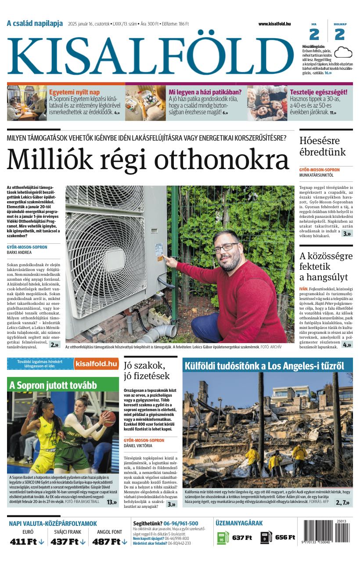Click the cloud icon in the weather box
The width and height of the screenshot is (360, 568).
(343, 52)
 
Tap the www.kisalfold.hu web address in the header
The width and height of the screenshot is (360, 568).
(274, 24)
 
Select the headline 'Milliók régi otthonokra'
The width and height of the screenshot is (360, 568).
(148, 160)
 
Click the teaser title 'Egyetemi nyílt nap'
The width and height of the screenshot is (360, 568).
(74, 92)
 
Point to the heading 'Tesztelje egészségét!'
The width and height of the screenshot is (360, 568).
(318, 92)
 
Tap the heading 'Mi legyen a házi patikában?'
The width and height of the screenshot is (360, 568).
(205, 92)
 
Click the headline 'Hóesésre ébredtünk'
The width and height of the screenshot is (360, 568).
(322, 147)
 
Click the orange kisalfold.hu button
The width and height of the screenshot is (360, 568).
(96, 364)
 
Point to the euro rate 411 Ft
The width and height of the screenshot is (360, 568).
(23, 542)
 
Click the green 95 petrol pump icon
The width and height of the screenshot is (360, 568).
(223, 538)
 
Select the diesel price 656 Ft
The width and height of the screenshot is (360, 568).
(285, 537)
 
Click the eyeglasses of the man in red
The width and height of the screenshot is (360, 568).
(225, 247)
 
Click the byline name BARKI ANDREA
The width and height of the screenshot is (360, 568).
(19, 253)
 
